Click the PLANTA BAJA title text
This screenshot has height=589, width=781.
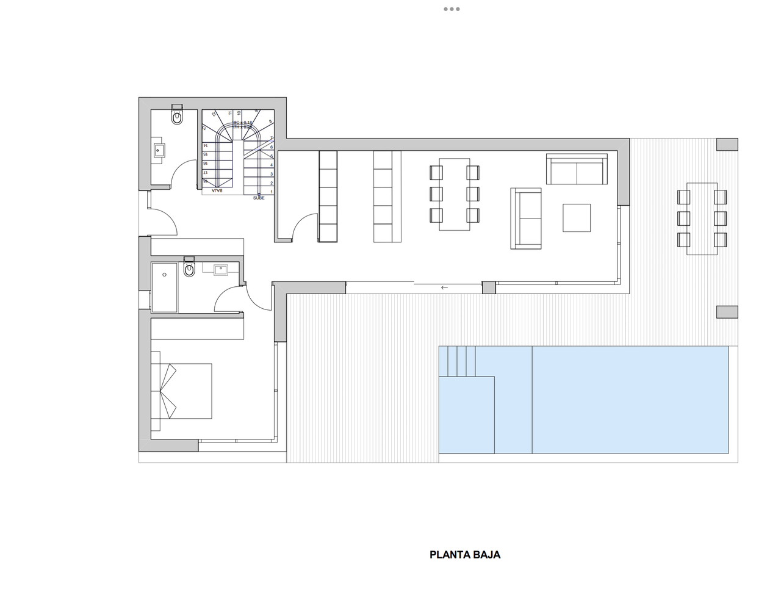point(465,555)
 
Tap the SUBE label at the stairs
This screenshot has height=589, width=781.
point(259,198)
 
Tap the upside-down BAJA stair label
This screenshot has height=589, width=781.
point(217,191)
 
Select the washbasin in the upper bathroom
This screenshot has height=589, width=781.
point(159,150)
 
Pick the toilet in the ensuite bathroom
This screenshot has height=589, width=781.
point(189,269)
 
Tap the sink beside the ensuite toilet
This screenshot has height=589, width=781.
point(220,269)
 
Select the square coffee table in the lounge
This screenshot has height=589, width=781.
point(577,218)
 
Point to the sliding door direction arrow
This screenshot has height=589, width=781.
point(444,287)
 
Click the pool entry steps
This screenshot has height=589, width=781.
point(457,361)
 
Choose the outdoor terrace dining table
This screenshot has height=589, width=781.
point(702,218)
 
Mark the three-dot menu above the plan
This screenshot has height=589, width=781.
point(452,9)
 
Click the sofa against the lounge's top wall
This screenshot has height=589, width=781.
point(577,170)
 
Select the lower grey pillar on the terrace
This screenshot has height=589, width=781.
point(727,312)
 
